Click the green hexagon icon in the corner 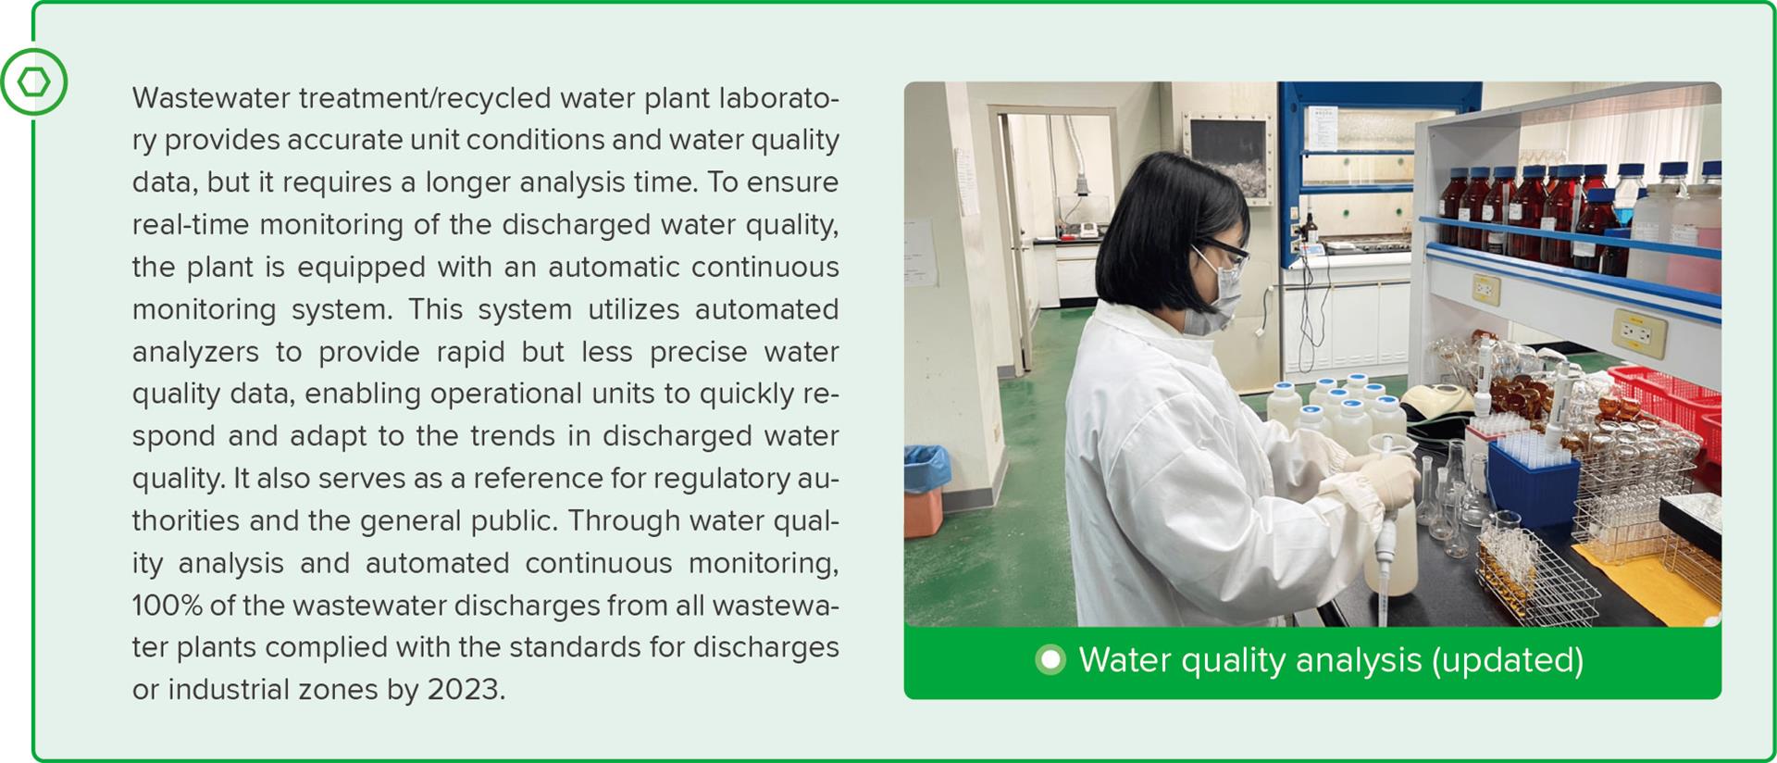tap(34, 82)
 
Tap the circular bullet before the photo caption tap(1050, 660)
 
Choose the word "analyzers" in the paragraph tap(195, 353)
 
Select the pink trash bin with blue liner tap(926, 491)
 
